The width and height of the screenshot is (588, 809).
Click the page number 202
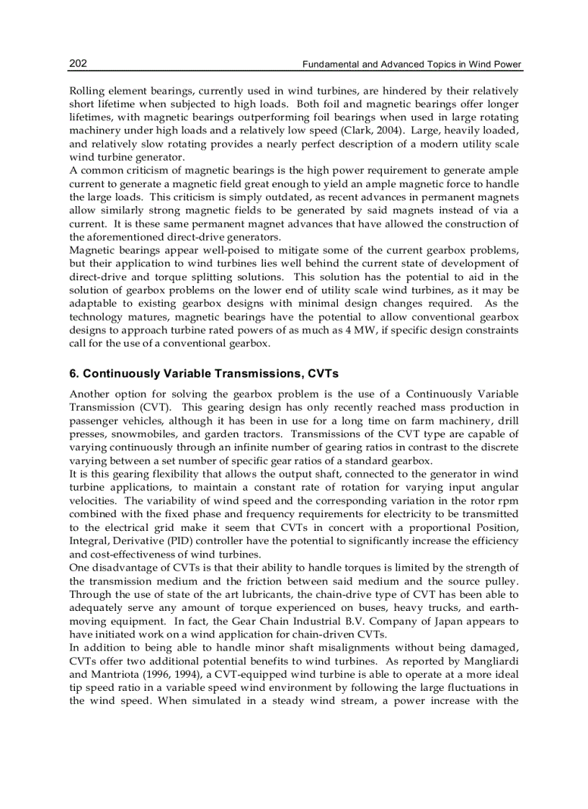78,63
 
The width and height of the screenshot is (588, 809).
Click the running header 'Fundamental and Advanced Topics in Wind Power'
411,65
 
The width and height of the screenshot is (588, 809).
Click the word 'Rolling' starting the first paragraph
86,91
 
